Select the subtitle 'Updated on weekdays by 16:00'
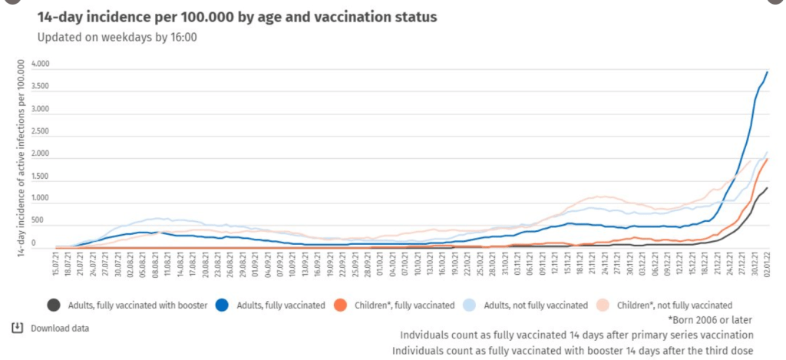[117, 36]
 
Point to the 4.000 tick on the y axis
[40, 65]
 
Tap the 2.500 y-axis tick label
[40, 132]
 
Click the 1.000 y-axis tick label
[40, 199]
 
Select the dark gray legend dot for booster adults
[53, 305]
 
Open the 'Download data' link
[60, 329]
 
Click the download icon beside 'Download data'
[17, 329]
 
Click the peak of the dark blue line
[768, 72]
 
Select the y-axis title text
[21, 157]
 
